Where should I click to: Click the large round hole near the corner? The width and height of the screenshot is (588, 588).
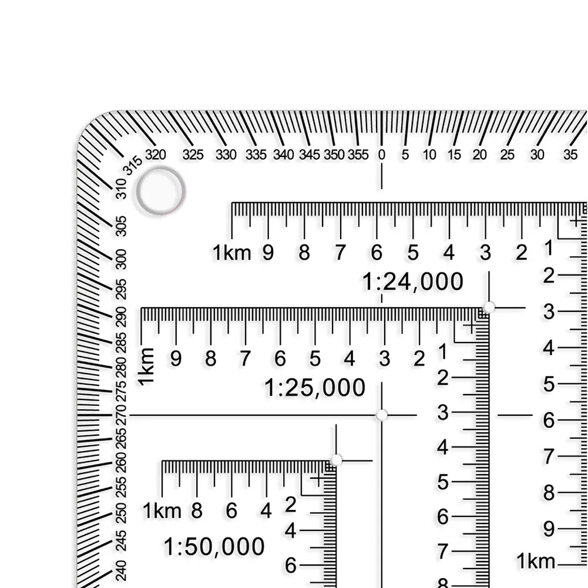point(160,191)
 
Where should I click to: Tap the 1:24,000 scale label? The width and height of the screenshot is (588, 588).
point(412,281)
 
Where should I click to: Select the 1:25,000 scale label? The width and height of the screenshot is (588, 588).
point(315,387)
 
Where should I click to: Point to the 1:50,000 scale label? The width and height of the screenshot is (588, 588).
point(214,546)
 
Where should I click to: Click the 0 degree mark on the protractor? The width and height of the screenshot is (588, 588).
point(381,154)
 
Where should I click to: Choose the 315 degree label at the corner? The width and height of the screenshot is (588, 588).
point(133,166)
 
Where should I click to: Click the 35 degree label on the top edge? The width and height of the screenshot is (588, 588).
point(570,154)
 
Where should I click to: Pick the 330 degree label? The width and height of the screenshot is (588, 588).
point(226,154)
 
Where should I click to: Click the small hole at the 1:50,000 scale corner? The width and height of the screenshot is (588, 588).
point(336,460)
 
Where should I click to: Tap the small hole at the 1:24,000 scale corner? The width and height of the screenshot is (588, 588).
point(489,307)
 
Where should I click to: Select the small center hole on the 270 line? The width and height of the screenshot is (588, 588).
point(381,415)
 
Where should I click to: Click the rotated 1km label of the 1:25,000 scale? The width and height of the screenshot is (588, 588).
point(146,367)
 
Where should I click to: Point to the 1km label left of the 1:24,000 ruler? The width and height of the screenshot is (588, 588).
point(232,253)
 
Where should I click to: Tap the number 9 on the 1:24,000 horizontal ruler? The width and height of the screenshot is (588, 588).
point(268,253)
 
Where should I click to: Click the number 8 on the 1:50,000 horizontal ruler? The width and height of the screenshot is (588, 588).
point(197,510)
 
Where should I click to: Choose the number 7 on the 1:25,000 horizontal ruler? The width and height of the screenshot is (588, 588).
point(245,358)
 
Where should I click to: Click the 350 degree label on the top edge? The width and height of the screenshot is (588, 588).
point(334,154)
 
